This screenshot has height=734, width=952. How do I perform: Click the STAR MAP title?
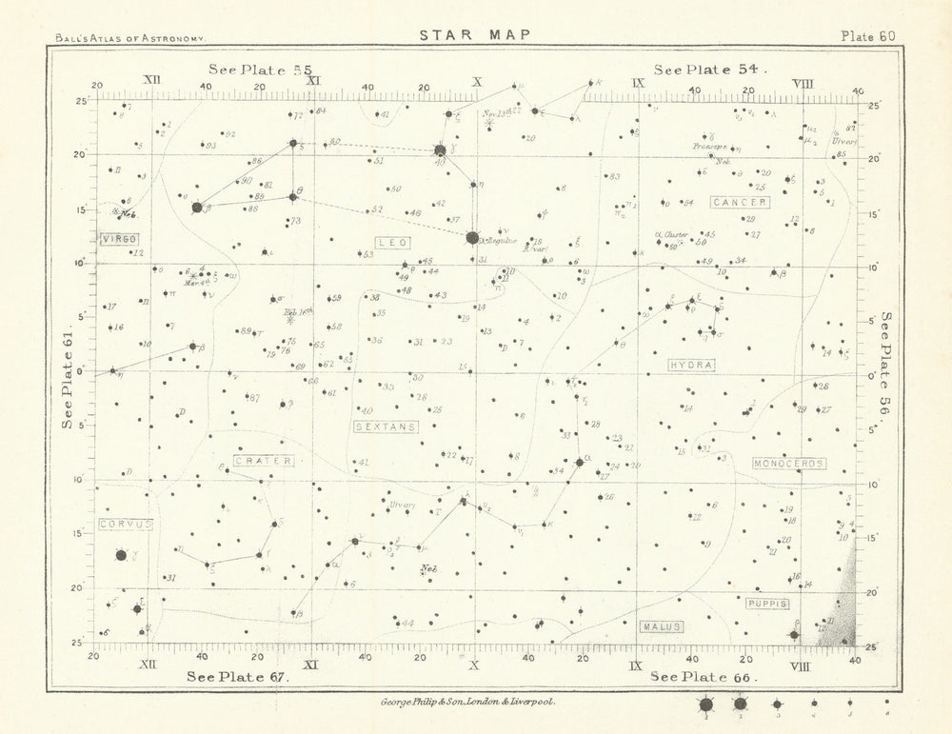[475, 35]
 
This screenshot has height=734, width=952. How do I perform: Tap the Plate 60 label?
[867, 36]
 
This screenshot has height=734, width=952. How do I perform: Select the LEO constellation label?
[393, 243]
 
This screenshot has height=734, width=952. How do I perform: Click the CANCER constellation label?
[740, 203]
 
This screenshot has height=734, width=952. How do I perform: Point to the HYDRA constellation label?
[692, 365]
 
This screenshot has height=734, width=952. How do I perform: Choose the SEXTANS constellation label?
[386, 427]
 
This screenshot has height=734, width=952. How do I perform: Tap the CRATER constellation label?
[263, 461]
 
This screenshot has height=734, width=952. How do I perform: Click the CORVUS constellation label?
[125, 525]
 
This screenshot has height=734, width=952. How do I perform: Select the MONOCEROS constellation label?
[788, 464]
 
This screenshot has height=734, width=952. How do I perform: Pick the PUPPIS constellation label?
[767, 604]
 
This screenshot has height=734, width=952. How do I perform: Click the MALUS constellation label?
[662, 626]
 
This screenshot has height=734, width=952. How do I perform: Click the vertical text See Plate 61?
[68, 381]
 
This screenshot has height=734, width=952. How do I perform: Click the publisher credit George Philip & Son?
[461, 701]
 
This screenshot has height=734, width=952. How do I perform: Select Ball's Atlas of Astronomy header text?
[130, 38]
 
